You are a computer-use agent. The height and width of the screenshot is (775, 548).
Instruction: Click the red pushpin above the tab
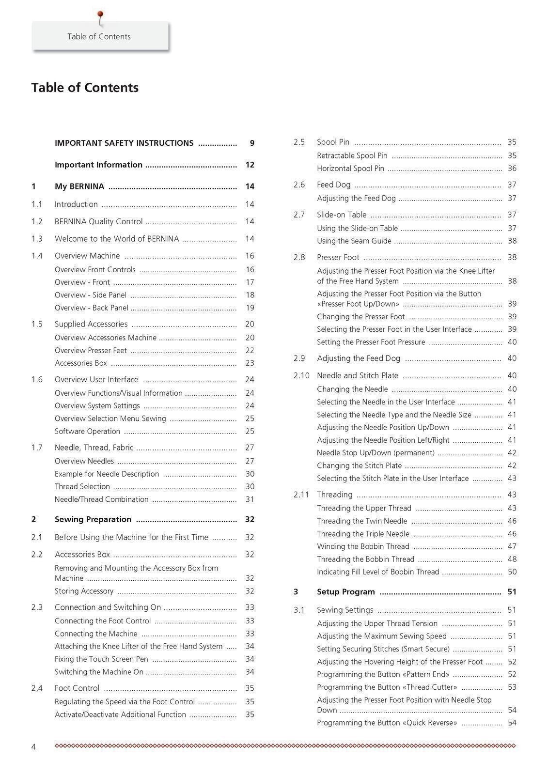pyautogui.click(x=100, y=15)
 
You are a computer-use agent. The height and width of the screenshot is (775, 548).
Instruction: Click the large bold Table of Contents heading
pyautogui.click(x=85, y=88)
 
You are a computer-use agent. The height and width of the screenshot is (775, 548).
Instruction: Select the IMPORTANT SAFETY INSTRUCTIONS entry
pyautogui.click(x=124, y=143)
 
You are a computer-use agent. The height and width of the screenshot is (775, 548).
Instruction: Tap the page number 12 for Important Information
pyautogui.click(x=250, y=165)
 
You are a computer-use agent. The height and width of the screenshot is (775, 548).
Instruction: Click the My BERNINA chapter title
pyautogui.click(x=79, y=186)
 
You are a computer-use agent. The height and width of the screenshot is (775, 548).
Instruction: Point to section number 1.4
pyautogui.click(x=37, y=256)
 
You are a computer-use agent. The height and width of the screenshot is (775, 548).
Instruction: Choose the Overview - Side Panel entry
pyautogui.click(x=91, y=295)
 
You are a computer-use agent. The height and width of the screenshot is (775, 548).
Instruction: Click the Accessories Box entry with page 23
pyautogui.click(x=81, y=363)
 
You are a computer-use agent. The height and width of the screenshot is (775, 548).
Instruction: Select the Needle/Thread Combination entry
pyautogui.click(x=102, y=499)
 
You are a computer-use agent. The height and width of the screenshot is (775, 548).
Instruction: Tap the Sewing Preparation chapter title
pyautogui.click(x=93, y=519)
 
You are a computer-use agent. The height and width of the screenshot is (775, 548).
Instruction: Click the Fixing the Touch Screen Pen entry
pyautogui.click(x=101, y=659)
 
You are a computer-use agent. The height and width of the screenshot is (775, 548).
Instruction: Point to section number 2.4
pyautogui.click(x=37, y=688)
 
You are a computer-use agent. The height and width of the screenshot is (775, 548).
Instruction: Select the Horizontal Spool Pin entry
pyautogui.click(x=350, y=169)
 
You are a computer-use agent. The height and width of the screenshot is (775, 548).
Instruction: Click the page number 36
pyautogui.click(x=512, y=169)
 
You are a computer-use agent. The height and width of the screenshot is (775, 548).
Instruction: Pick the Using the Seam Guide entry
pyautogui.click(x=354, y=241)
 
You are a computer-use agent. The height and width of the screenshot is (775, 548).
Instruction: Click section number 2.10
pyautogui.click(x=301, y=375)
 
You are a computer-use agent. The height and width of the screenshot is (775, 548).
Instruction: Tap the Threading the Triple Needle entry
pyautogui.click(x=363, y=534)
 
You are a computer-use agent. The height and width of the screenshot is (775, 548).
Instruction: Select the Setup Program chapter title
pyautogui.click(x=346, y=592)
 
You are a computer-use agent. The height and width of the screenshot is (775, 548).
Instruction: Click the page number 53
pyautogui.click(x=512, y=687)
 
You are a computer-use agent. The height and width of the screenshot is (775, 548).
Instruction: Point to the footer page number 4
pyautogui.click(x=33, y=747)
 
